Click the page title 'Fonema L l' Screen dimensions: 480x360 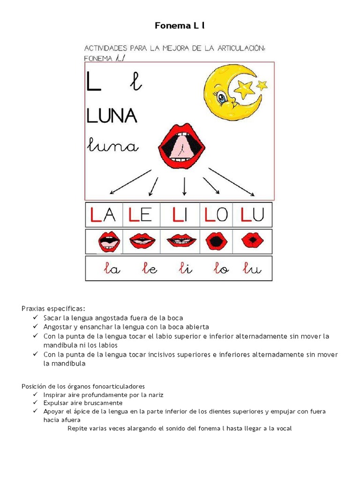click(180, 26)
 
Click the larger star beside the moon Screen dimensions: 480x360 click(244, 88)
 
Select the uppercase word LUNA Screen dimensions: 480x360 click(112, 115)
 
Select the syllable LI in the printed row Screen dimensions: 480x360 click(180, 215)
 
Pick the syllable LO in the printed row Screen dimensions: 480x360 click(216, 215)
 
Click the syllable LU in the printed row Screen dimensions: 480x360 click(252, 215)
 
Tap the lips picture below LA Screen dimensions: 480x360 click(109, 242)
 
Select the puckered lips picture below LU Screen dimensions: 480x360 click(252, 241)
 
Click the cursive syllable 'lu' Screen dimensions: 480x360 click(252, 269)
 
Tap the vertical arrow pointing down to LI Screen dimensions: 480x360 click(184, 187)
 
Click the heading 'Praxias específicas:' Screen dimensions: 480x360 click(53, 308)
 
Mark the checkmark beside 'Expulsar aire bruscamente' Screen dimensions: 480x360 click(36, 403)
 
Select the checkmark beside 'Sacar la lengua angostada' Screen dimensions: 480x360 click(36, 318)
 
